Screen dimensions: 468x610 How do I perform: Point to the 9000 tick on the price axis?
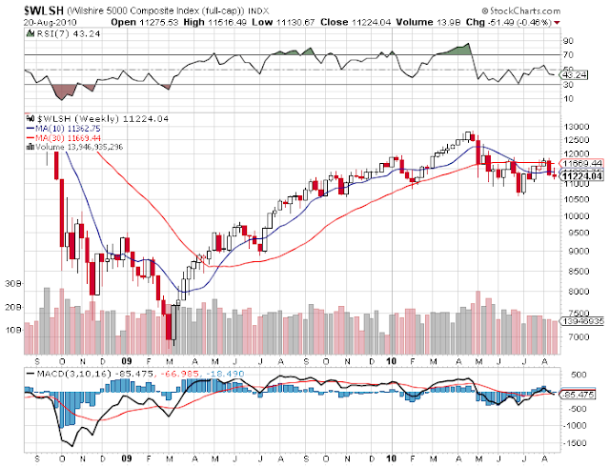coord(574,252)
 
